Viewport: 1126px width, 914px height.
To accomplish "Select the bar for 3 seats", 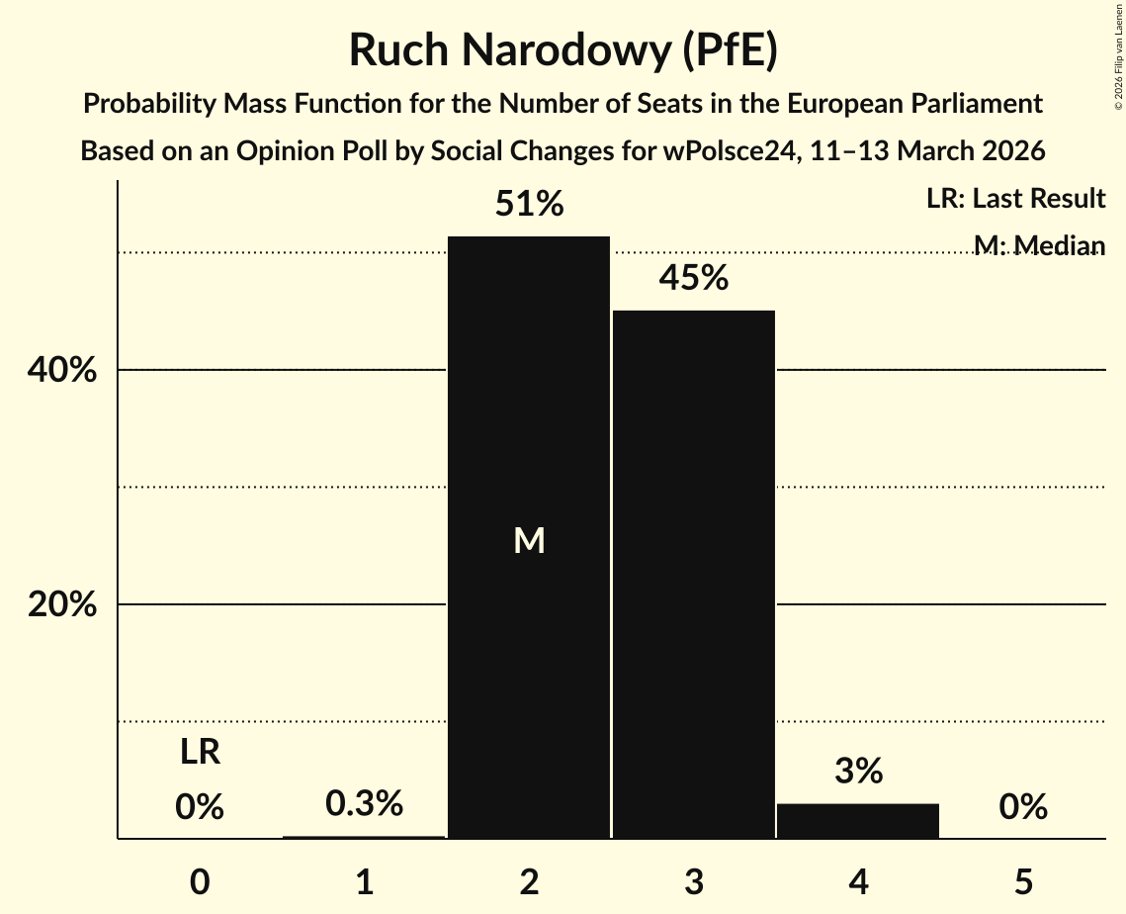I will click(694, 574).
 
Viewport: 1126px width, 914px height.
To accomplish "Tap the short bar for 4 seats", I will click(858, 821).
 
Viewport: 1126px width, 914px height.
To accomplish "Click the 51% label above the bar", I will click(529, 205).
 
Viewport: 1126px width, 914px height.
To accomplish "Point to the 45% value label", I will click(694, 279).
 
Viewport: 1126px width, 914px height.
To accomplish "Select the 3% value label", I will click(858, 772).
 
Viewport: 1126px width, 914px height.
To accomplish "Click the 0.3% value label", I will click(365, 804).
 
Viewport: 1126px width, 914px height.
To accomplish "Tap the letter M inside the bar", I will click(529, 540).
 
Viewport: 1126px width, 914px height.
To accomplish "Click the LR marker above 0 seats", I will click(200, 753).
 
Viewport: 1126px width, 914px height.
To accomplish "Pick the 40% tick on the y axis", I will click(61, 371).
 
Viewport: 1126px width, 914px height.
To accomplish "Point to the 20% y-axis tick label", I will click(61, 604).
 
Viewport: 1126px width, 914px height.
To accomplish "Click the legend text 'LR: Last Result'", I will click(1015, 199).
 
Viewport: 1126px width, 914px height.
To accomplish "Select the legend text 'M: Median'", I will click(1039, 244).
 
